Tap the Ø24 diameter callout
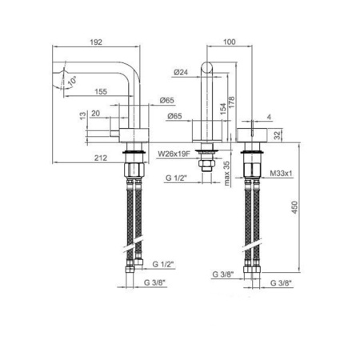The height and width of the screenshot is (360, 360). (180, 71)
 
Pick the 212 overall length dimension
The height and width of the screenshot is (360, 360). (99, 158)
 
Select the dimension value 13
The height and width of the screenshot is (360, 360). (83, 116)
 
